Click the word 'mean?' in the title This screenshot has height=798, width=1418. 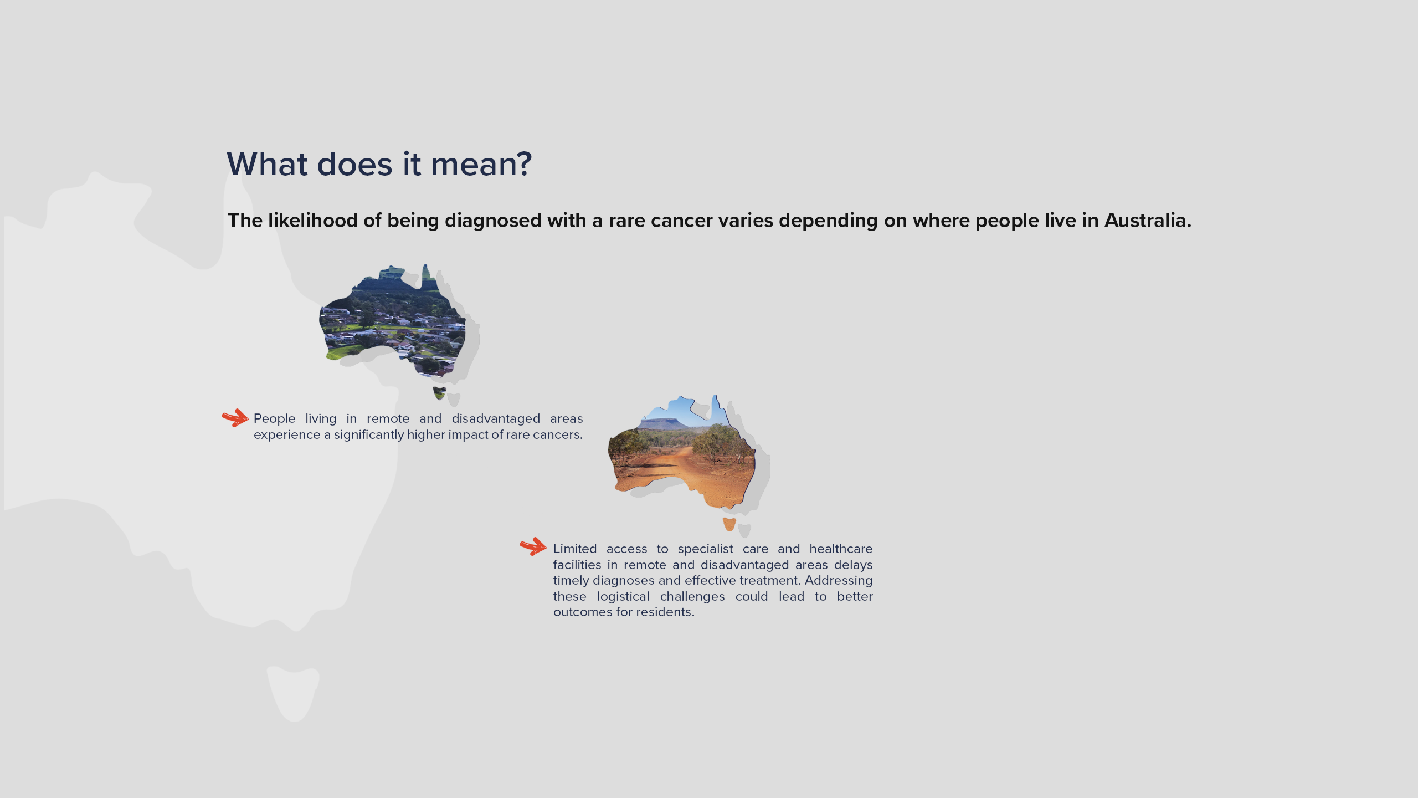point(481,164)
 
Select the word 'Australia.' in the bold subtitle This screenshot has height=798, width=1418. point(1148,220)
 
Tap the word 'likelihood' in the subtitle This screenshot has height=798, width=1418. point(312,220)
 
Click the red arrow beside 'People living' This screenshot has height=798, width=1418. point(235,418)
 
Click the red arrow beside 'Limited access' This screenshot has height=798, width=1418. point(533,546)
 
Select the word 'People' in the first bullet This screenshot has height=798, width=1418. point(274,418)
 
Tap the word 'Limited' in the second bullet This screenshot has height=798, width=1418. point(575,549)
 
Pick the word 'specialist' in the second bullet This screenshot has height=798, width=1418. point(705,549)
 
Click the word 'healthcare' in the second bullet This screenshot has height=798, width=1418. point(841,549)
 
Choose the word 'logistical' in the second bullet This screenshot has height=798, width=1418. point(623,596)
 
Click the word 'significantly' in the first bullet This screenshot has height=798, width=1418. point(369,434)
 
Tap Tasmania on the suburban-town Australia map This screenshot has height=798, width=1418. point(439,393)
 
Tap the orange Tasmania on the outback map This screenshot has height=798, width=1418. point(729,524)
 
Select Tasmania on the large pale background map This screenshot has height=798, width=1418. point(293,693)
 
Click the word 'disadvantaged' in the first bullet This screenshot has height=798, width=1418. point(496,418)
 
